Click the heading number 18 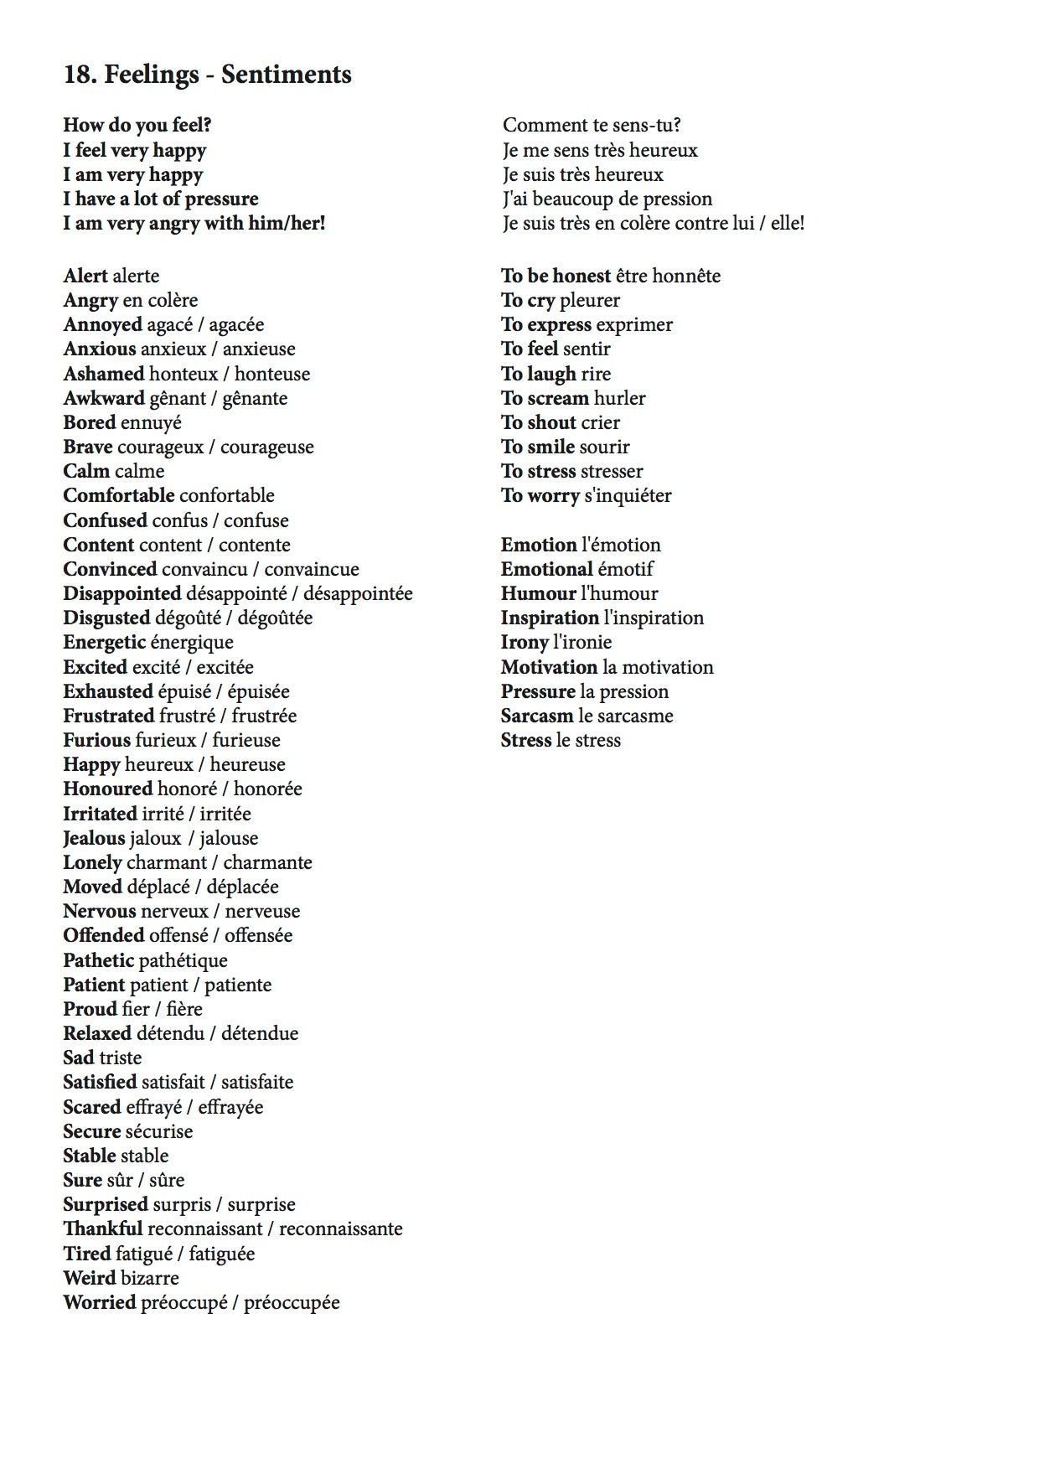(80, 75)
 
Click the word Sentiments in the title (287, 75)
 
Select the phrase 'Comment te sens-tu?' (592, 126)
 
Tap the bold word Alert (85, 276)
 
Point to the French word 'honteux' (184, 374)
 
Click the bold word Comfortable (119, 495)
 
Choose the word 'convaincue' (312, 569)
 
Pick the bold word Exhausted (108, 691)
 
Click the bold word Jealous (94, 838)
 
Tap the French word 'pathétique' (183, 960)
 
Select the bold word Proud (90, 1009)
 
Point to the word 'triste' (121, 1058)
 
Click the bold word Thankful (103, 1228)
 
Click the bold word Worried (100, 1302)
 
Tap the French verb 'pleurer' (590, 300)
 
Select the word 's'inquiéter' (628, 495)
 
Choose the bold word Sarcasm (537, 716)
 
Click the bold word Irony (525, 642)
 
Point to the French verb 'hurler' (619, 398)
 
